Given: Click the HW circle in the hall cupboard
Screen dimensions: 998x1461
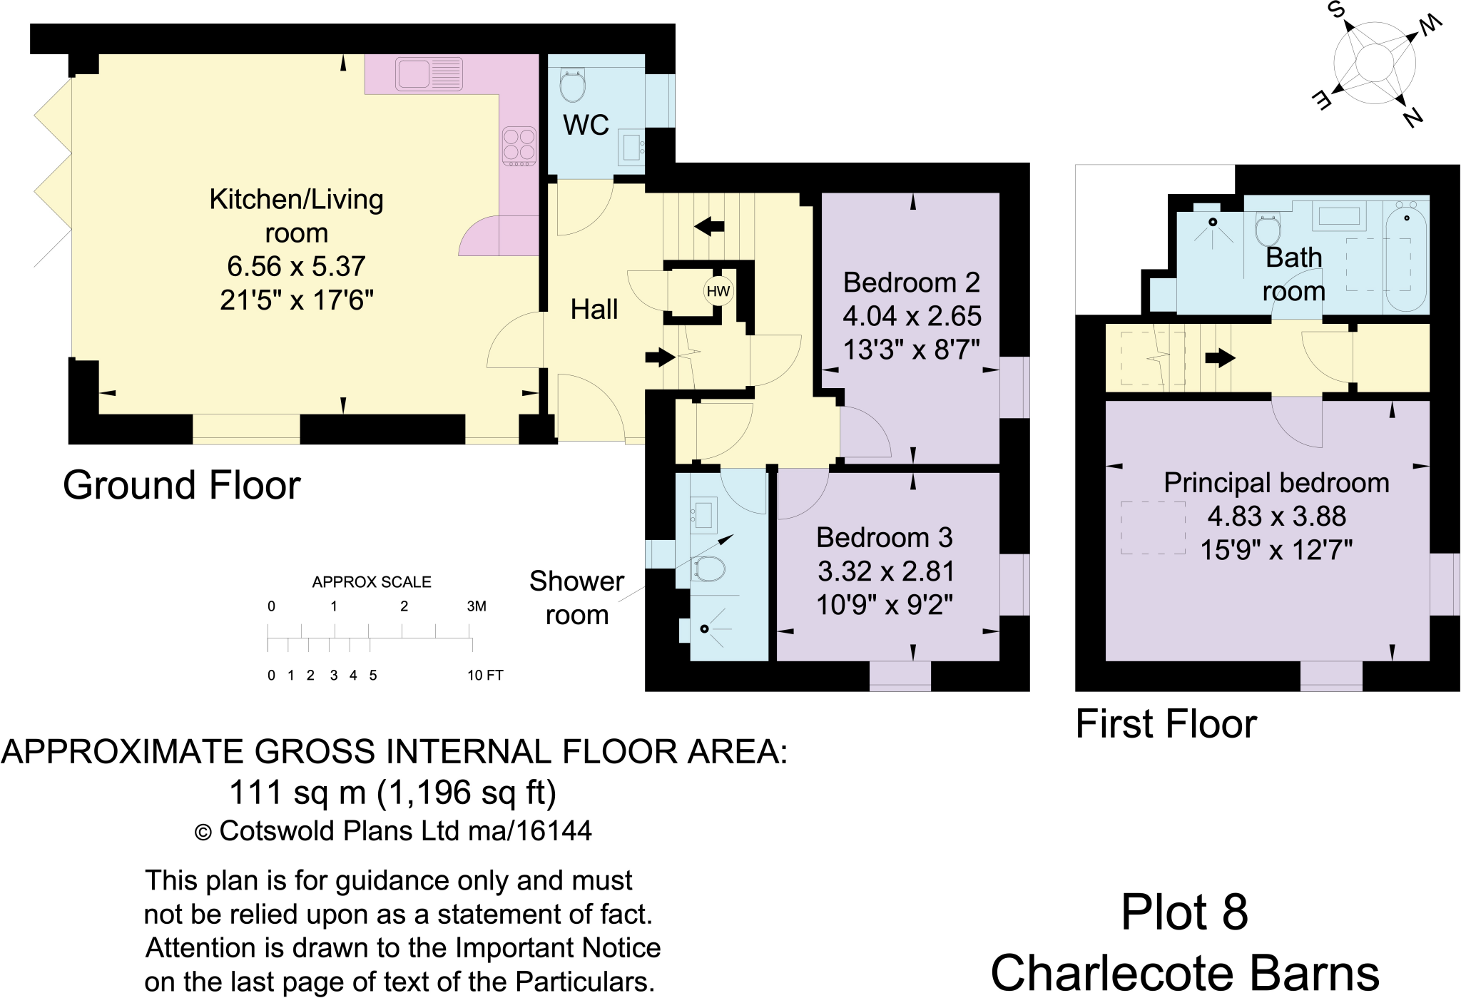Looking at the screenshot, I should pyautogui.click(x=718, y=291).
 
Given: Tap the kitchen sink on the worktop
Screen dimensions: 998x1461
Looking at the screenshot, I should pyautogui.click(x=429, y=73).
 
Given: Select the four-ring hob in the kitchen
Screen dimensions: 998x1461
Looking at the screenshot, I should pyautogui.click(x=519, y=146).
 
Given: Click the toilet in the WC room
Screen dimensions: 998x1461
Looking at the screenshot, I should pyautogui.click(x=572, y=86).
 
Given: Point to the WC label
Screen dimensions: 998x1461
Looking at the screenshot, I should pyautogui.click(x=586, y=126).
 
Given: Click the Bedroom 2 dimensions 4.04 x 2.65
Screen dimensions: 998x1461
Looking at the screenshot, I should pyautogui.click(x=912, y=316).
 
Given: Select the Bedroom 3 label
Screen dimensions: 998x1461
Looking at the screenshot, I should pyautogui.click(x=884, y=537).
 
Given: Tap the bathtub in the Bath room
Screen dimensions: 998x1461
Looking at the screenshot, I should pyautogui.click(x=1406, y=257).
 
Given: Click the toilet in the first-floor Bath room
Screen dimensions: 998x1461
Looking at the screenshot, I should pyautogui.click(x=1268, y=230).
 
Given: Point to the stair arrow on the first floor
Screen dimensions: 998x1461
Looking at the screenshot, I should pyautogui.click(x=1220, y=357).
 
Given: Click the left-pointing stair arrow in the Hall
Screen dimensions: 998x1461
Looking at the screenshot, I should pyautogui.click(x=709, y=227).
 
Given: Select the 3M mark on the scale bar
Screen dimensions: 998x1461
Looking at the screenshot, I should pyautogui.click(x=477, y=606).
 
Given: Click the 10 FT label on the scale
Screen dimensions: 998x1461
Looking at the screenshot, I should pyautogui.click(x=485, y=675).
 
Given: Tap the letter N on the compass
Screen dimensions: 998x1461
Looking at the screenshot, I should pyautogui.click(x=1412, y=117).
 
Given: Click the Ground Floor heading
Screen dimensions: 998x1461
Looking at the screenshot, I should pyautogui.click(x=181, y=485).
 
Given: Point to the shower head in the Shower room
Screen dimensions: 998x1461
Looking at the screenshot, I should pyautogui.click(x=704, y=628).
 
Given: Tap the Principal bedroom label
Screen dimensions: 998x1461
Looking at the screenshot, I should pyautogui.click(x=1276, y=483).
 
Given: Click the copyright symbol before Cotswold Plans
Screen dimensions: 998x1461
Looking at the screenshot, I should pyautogui.click(x=203, y=832).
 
